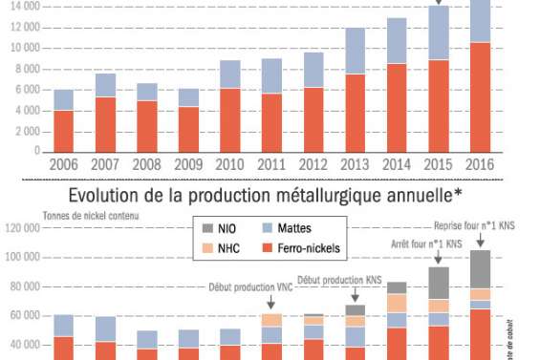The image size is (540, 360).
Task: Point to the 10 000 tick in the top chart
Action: [x=22, y=48]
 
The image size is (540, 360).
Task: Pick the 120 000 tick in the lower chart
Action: [x=20, y=229]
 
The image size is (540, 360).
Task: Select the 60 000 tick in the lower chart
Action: [x=23, y=315]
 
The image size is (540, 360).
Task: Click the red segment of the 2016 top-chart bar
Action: [x=481, y=96]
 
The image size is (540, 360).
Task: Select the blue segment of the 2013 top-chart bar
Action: [x=356, y=51]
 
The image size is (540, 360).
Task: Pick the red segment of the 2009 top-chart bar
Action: [x=189, y=129]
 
